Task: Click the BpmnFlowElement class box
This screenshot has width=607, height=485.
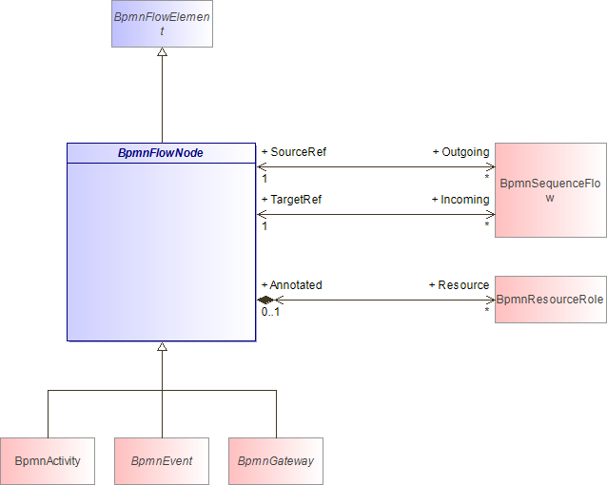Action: coord(162,24)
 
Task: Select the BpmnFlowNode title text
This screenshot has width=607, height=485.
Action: coord(161,153)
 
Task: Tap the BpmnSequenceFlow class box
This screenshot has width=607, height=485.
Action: coord(551,190)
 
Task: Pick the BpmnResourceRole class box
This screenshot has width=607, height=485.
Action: coord(551,300)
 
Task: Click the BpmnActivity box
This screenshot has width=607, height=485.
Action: coord(48,461)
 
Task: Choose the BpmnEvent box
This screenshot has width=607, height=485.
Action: coord(162,461)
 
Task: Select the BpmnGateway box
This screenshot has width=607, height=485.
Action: coord(276,461)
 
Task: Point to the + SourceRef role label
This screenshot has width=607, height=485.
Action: coord(294,152)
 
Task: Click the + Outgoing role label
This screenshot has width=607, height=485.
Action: coord(460,152)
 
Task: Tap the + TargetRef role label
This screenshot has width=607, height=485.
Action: coord(291,200)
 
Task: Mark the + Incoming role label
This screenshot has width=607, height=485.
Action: coord(460,200)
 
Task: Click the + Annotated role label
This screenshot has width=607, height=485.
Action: coord(291,285)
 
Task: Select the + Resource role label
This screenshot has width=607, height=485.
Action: coord(459,285)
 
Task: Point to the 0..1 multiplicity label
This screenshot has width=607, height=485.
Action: coord(270,312)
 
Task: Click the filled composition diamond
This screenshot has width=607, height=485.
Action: coord(265,300)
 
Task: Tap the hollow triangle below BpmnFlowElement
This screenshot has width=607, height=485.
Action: coord(162,52)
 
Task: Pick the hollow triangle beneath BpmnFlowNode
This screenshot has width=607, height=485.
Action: coord(162,346)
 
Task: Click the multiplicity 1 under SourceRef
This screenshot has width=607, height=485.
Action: coord(264,179)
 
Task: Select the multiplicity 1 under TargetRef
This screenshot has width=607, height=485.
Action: coord(264,226)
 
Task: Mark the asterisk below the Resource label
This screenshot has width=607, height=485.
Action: coord(486,310)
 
